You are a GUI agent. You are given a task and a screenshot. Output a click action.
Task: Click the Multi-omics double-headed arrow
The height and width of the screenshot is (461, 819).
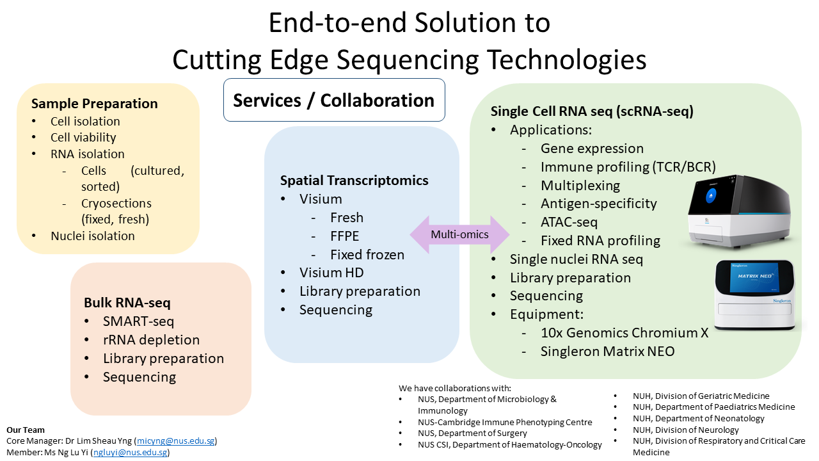click(x=459, y=234)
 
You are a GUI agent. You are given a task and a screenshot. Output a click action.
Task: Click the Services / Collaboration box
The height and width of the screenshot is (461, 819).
click(x=333, y=101)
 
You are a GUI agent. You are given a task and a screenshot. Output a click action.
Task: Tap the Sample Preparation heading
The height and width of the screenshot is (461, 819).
click(x=94, y=104)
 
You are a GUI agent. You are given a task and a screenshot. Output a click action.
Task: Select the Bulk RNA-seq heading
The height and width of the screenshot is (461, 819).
click(x=127, y=302)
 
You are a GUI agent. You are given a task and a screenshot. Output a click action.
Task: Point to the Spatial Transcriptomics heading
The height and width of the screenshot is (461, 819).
click(x=354, y=181)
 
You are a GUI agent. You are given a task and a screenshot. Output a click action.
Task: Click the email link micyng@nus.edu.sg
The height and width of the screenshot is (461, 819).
click(x=176, y=441)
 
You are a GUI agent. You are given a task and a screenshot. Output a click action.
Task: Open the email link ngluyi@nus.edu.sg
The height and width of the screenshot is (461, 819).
click(x=131, y=452)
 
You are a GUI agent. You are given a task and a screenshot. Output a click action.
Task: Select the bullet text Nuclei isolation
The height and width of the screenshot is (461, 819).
click(x=93, y=236)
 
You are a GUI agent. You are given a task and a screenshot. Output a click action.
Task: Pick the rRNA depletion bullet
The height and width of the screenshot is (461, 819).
click(x=151, y=340)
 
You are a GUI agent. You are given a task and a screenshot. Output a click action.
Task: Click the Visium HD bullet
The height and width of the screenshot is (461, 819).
click(x=331, y=273)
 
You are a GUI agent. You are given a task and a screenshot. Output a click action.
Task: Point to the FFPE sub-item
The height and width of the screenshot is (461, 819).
click(x=344, y=236)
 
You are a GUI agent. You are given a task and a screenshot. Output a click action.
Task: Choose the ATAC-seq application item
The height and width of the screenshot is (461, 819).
click(x=569, y=222)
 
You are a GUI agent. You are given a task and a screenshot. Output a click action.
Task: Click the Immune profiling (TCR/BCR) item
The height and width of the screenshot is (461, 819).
click(x=628, y=167)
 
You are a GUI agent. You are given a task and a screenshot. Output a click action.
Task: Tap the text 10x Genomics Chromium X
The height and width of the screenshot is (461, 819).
click(x=624, y=333)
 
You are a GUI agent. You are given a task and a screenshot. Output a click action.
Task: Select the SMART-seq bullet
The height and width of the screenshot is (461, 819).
click(x=138, y=321)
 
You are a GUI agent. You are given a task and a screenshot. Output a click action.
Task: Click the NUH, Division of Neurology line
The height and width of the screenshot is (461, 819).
click(x=685, y=430)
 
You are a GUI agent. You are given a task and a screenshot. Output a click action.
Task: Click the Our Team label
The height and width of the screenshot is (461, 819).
click(x=26, y=430)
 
